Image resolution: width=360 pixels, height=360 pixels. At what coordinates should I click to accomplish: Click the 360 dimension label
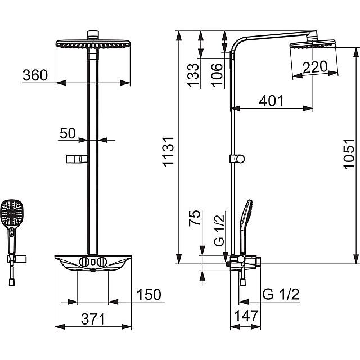click(x=35, y=75)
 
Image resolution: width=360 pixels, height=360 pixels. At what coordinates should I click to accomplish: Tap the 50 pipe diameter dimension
click(x=67, y=133)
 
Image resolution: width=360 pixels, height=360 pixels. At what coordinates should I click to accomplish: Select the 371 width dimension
click(x=93, y=319)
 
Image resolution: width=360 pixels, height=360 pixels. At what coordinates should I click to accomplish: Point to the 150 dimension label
click(x=148, y=294)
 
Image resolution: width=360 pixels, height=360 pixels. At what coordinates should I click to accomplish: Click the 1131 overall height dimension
click(x=168, y=151)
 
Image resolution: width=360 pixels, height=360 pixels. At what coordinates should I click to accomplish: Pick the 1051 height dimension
click(x=349, y=154)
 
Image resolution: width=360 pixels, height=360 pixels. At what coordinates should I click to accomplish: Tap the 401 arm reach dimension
click(x=271, y=101)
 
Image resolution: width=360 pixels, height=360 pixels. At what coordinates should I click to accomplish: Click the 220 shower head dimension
click(x=315, y=67)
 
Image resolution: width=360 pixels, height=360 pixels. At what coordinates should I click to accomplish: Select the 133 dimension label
click(x=193, y=75)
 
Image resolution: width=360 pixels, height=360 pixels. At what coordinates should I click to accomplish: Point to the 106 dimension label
click(x=217, y=75)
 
